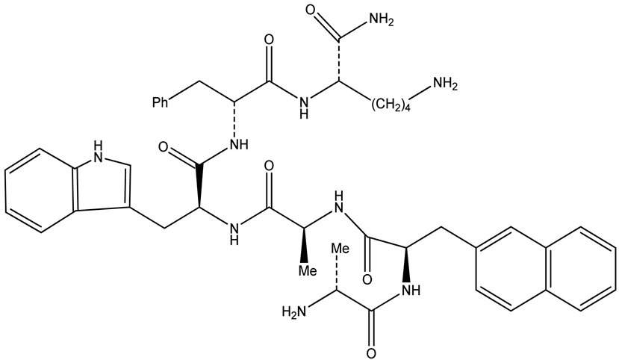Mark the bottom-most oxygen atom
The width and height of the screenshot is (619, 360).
(370, 352)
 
